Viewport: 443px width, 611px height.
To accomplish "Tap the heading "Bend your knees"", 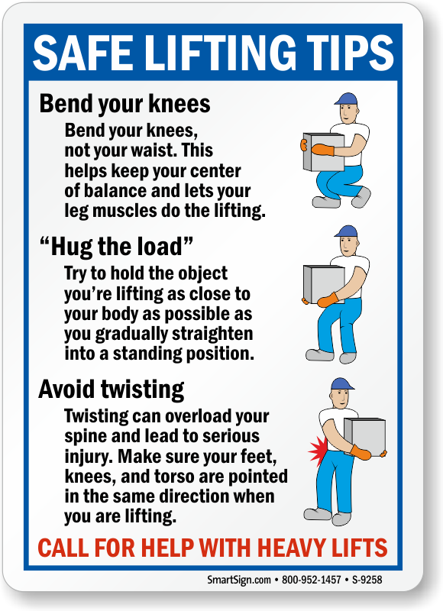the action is click(124, 105).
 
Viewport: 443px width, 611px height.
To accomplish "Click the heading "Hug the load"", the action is click(116, 246).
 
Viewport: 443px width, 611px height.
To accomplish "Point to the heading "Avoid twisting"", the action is click(112, 390).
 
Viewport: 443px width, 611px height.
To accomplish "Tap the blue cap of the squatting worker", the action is click(345, 99).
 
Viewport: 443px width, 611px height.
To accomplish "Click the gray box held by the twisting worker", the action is click(364, 437).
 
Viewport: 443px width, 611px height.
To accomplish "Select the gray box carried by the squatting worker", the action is click(323, 152).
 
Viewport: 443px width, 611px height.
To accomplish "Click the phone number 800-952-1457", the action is click(312, 580).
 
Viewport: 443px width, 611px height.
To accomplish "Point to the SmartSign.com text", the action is click(239, 580).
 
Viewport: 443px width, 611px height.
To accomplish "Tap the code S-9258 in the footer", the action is click(367, 580).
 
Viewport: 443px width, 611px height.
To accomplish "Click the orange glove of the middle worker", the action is click(329, 300).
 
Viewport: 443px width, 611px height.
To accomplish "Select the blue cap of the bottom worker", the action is click(342, 384).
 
